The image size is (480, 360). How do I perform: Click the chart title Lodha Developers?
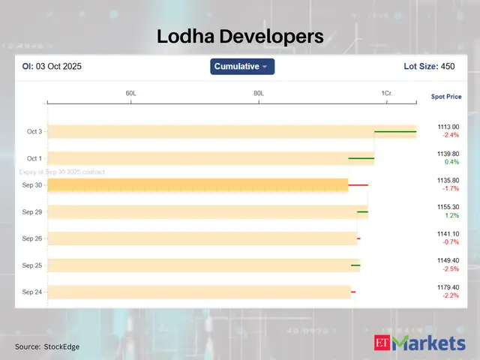point(240,36)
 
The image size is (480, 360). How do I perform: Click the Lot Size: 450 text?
point(429,67)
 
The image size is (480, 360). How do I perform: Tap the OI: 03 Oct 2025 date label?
point(52,67)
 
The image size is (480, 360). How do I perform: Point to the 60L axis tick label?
point(130,93)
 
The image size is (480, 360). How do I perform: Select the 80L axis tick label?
point(259,93)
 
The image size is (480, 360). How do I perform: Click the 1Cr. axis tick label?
point(387,93)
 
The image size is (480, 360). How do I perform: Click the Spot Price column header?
point(446,97)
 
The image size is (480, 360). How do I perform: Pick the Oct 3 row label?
point(34,131)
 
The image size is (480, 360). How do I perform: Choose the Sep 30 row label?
point(32,184)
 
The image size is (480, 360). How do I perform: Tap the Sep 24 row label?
point(32,292)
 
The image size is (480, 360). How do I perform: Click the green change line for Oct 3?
point(395,131)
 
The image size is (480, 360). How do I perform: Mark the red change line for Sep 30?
point(358,184)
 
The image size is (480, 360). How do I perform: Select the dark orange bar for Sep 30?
point(197,184)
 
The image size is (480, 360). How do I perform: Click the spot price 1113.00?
point(448,127)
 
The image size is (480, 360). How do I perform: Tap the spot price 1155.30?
point(448,207)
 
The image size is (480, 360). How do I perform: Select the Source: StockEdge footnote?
point(47,346)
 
